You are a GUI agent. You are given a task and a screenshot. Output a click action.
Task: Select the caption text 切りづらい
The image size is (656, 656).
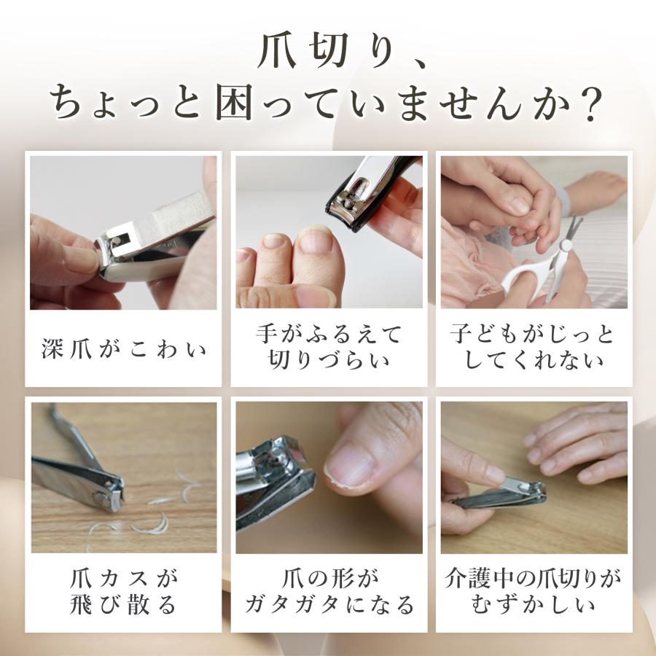coord(328,359)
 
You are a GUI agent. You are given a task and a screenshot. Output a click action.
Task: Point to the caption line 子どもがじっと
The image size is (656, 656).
coord(532,335)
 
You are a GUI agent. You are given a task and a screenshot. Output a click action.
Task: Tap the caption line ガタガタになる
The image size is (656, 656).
coord(328,605)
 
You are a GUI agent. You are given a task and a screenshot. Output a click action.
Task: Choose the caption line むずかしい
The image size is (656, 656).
coord(532,605)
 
